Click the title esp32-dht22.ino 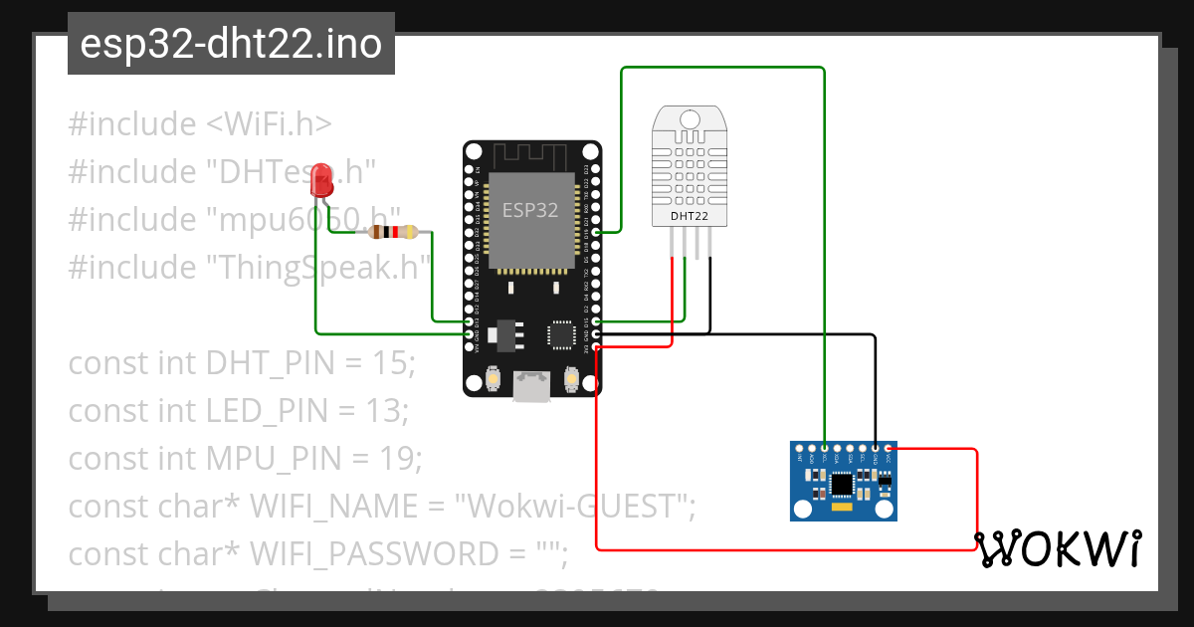231,45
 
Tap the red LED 321,180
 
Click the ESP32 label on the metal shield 529,210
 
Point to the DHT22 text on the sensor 690,215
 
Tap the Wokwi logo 1057,548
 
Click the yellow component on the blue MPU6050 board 842,509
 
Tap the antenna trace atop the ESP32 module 529,156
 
